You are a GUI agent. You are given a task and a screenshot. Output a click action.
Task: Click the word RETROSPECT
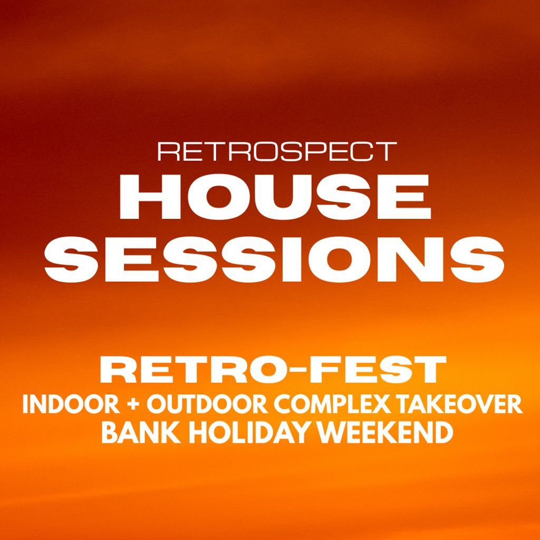(x=277, y=151)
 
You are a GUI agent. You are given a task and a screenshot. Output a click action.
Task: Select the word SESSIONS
(x=274, y=258)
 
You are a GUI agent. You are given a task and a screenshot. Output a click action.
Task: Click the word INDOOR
(x=71, y=404)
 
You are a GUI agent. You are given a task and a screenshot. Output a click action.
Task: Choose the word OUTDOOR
(x=208, y=404)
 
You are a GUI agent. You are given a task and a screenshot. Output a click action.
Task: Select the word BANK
(x=141, y=433)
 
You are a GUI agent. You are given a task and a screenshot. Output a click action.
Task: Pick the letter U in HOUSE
(x=300, y=197)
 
